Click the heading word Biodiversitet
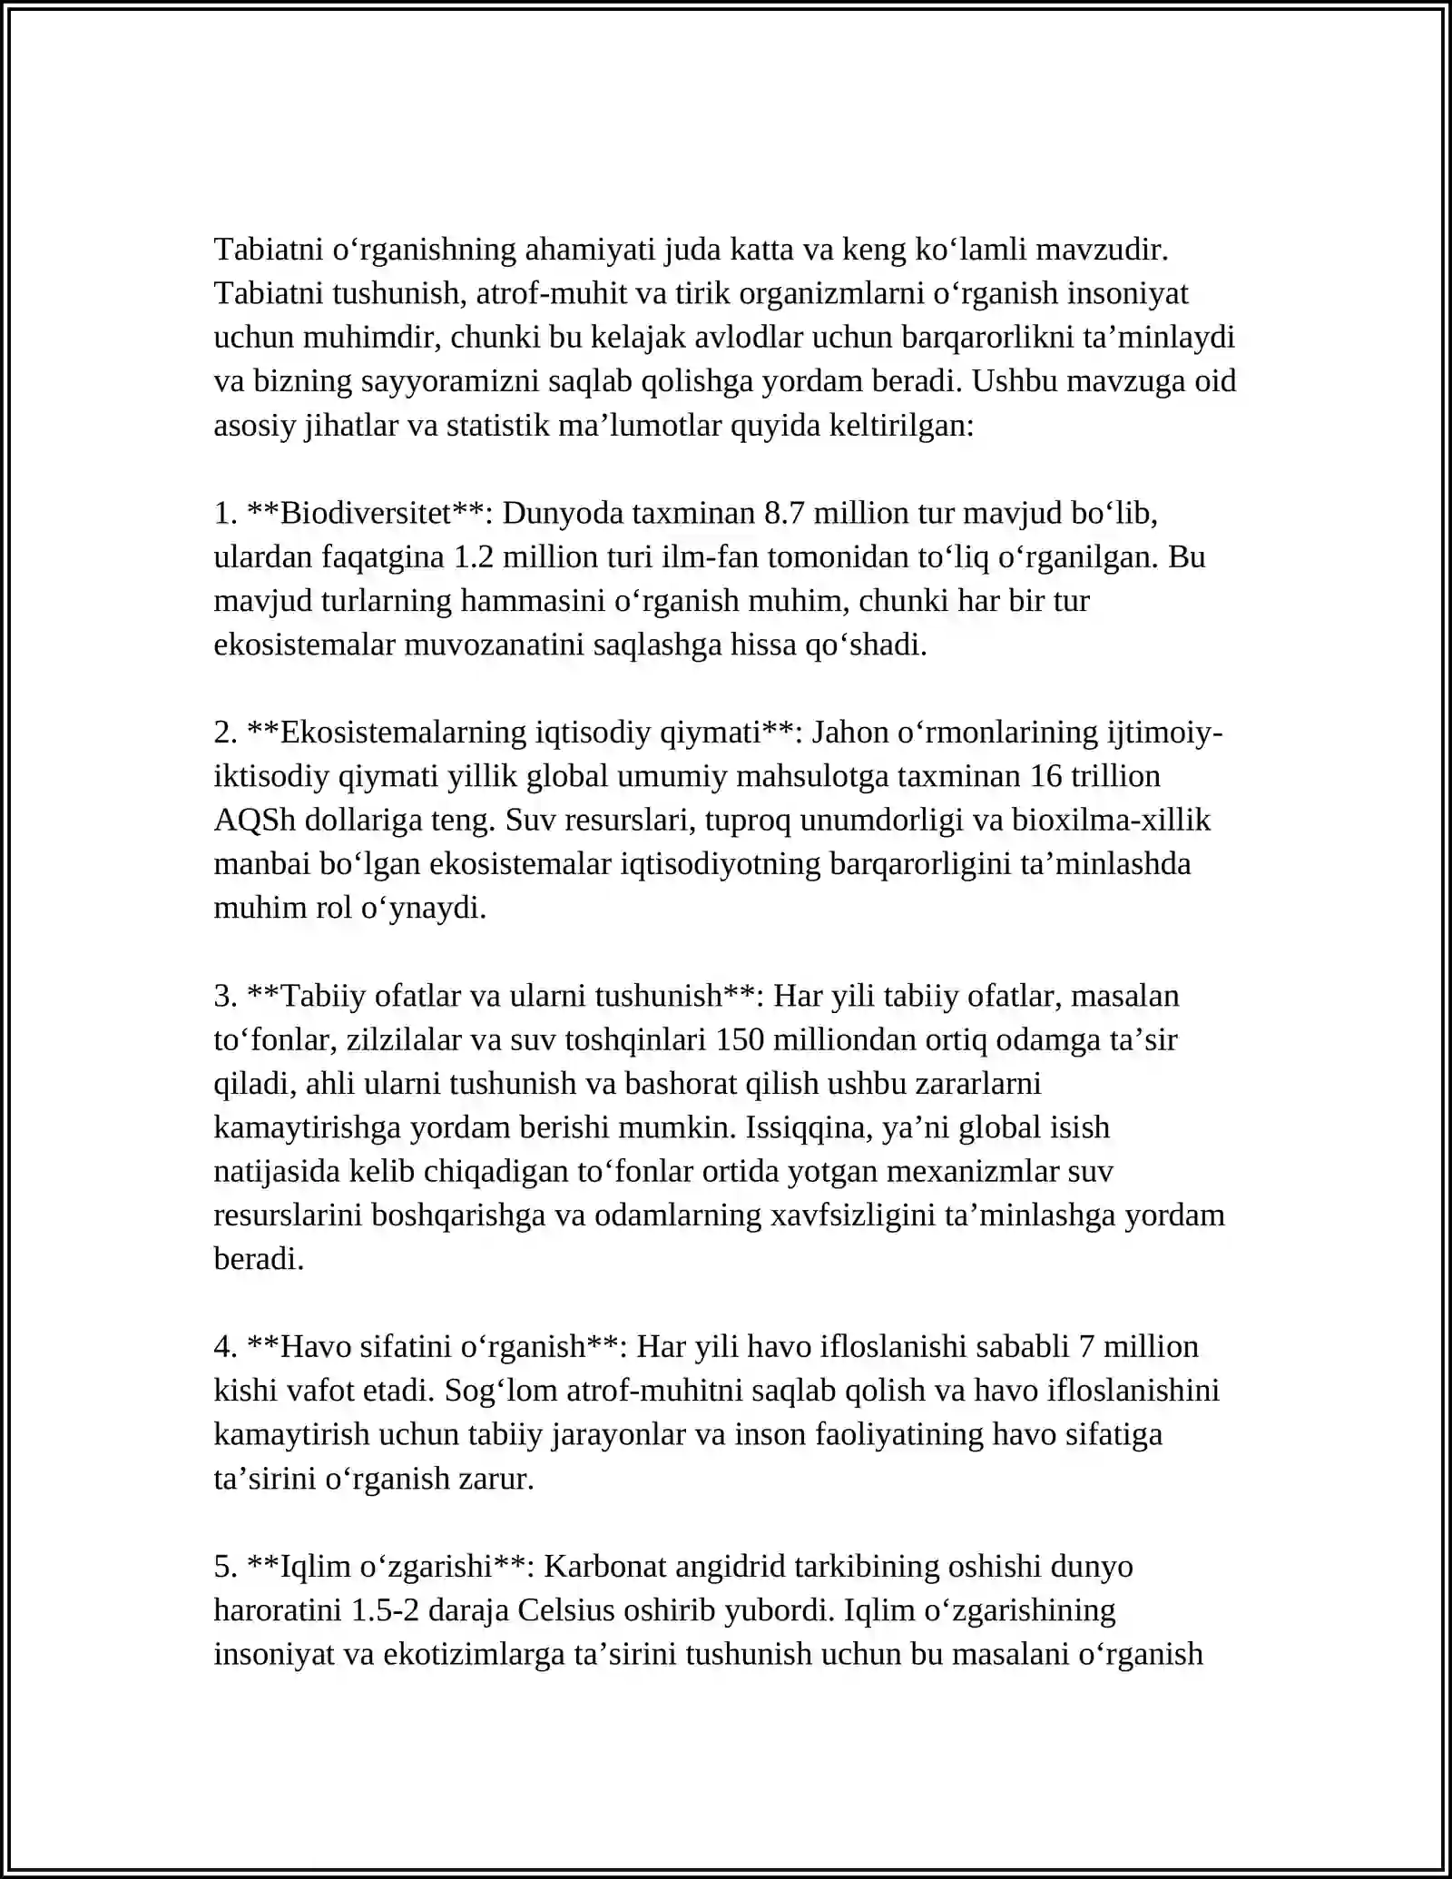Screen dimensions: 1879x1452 click(x=366, y=514)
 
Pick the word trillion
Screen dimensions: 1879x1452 click(x=1119, y=776)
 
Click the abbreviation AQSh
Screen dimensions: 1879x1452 click(x=255, y=821)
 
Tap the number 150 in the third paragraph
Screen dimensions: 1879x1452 click(x=740, y=1040)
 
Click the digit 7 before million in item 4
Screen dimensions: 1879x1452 click(x=1086, y=1347)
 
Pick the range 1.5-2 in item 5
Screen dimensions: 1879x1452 click(x=384, y=1610)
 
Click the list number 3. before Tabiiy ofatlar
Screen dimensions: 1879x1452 click(x=225, y=997)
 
